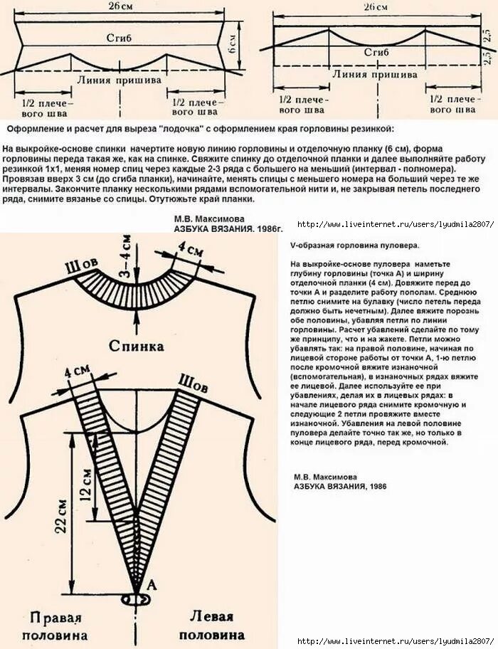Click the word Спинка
pyautogui.click(x=137, y=347)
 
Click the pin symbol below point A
pyautogui.click(x=137, y=600)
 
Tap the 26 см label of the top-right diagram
pyautogui.click(x=376, y=7)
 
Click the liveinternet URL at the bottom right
pyautogui.click(x=395, y=641)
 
